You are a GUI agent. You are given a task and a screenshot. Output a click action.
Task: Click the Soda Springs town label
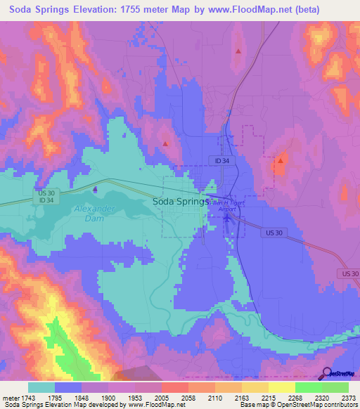(x=181, y=202)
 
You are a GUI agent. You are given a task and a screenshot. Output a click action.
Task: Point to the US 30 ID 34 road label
(x=46, y=197)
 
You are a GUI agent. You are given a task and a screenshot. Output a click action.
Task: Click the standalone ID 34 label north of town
(x=222, y=161)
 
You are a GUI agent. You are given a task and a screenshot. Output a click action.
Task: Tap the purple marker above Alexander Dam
(x=96, y=188)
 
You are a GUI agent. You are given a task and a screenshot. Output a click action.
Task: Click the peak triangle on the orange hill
(x=280, y=161)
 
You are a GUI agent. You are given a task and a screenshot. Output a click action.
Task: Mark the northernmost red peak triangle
(x=238, y=51)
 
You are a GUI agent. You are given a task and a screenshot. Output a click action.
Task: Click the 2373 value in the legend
(x=347, y=398)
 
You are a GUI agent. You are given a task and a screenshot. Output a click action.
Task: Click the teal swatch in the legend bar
(x=41, y=387)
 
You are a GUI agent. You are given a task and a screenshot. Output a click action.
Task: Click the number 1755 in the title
(x=153, y=10)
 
